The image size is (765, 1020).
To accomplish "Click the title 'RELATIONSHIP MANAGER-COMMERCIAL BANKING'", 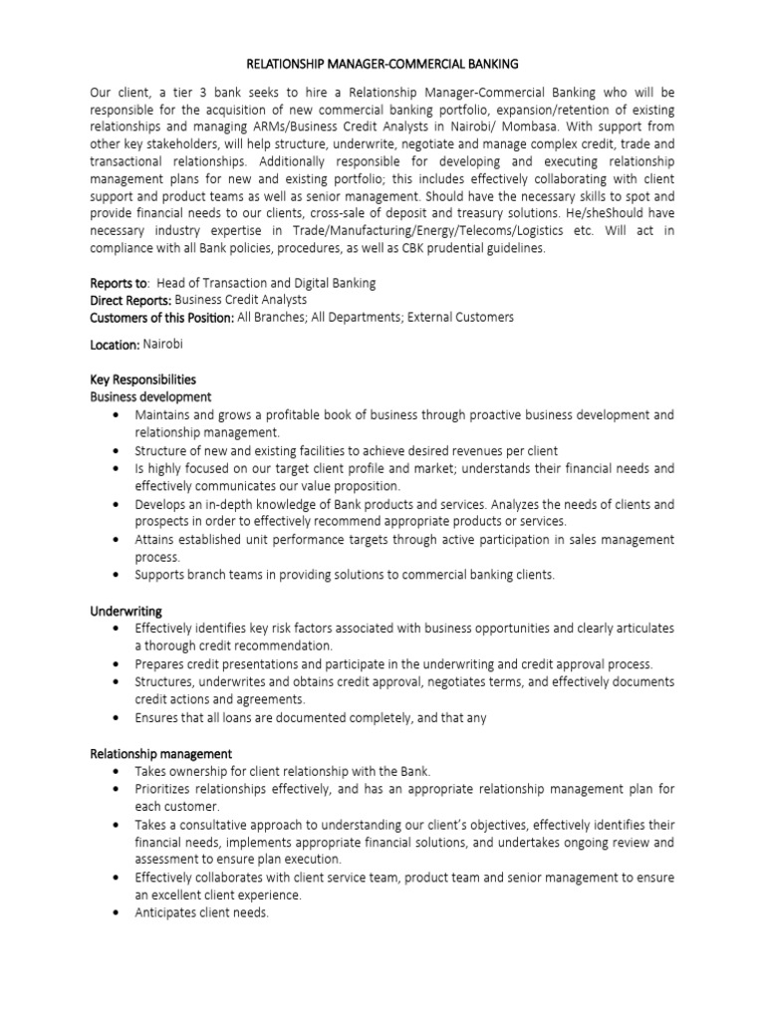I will (382, 64).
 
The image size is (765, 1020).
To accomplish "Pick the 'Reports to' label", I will (118, 283).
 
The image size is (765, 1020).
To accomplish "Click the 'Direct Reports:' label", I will (130, 300).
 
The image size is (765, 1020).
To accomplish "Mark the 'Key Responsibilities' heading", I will (142, 380).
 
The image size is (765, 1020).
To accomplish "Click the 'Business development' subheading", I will (150, 396).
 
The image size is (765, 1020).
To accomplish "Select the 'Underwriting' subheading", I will (126, 610).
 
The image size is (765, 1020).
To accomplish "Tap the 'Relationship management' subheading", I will (160, 754).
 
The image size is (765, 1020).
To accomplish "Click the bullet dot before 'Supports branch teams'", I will (119, 575).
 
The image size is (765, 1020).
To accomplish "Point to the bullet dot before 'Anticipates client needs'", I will (119, 913).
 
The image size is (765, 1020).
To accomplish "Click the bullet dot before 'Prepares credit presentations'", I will (119, 663).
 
